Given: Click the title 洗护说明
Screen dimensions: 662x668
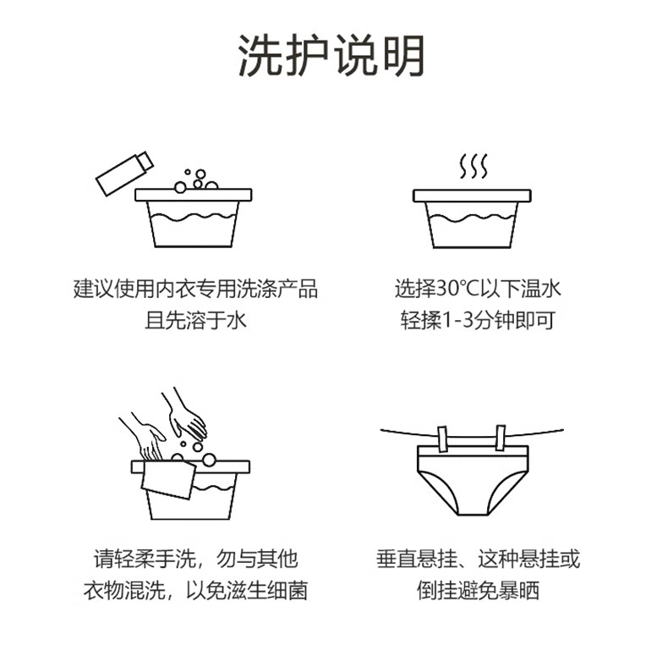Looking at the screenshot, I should [x=331, y=57].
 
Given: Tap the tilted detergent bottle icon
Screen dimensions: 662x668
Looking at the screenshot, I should [x=123, y=174].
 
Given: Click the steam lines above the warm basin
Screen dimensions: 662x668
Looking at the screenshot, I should [x=474, y=166].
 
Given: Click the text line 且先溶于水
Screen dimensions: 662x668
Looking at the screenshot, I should [x=195, y=321].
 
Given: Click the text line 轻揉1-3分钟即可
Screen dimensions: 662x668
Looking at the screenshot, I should [x=478, y=321].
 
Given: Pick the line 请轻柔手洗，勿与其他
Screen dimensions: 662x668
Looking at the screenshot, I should [x=195, y=559].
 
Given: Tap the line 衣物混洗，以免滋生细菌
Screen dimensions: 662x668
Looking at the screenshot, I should [x=195, y=590].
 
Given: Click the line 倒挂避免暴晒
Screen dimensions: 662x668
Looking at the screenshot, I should [x=478, y=590].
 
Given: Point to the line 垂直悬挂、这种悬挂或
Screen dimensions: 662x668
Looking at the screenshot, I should [x=478, y=559].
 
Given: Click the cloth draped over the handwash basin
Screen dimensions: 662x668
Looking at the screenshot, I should [x=167, y=480].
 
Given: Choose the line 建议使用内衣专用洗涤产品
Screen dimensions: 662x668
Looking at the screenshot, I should [x=195, y=289].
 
